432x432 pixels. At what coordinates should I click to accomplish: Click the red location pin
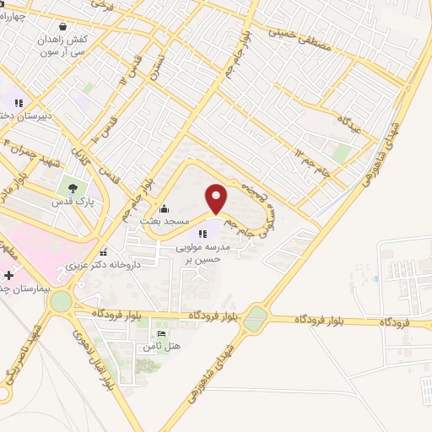pos(217,199)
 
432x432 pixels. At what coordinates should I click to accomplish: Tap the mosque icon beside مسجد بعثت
pos(163,208)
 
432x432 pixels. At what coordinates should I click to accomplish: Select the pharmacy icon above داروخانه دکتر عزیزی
pos(102,252)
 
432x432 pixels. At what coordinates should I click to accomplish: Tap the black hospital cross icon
pos(9,276)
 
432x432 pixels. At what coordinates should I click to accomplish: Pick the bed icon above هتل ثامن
pos(162,335)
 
